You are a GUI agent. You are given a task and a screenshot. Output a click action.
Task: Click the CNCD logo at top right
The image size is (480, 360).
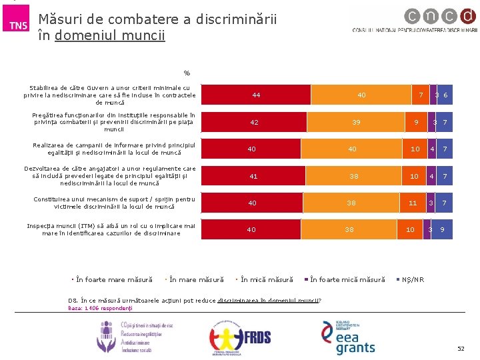415,22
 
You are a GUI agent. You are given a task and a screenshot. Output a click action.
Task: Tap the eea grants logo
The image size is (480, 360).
351,337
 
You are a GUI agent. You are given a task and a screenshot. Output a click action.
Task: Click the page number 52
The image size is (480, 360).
461,349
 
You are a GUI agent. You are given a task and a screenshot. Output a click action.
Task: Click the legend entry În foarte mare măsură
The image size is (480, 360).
113,279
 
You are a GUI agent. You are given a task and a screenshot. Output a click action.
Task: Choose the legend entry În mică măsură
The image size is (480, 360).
265,279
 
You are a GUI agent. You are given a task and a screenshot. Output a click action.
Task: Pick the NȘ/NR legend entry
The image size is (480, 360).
411,279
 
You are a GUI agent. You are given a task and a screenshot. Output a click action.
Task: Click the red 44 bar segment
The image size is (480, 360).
256,95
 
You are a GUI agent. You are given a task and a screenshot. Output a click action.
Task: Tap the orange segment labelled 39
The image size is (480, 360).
357,122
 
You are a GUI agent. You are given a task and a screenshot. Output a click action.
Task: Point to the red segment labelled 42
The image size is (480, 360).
254,122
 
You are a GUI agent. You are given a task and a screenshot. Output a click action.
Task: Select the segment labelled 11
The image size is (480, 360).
413,203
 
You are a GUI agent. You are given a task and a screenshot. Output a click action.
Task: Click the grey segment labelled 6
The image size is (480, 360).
445,95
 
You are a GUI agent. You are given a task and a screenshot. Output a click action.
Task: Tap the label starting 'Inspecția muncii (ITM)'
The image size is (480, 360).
111,229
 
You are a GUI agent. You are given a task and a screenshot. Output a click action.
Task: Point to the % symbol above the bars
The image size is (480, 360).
187,73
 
